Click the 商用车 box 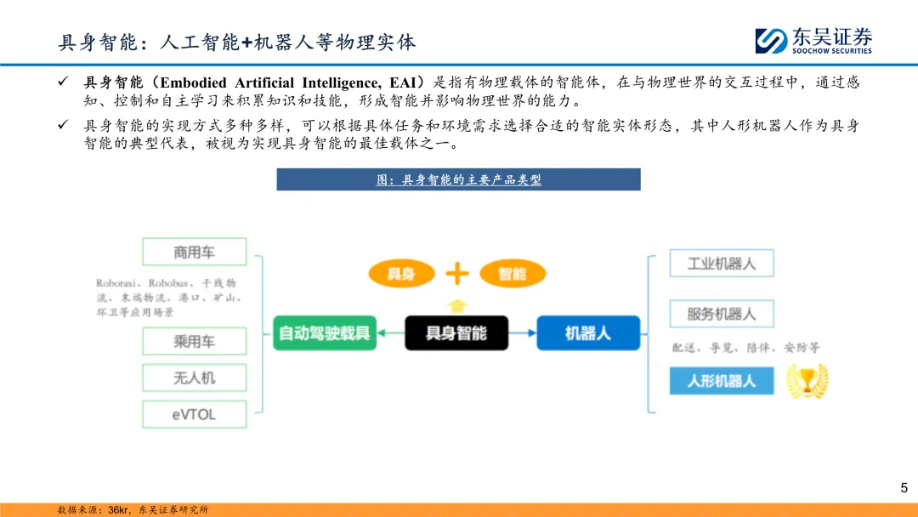click(195, 252)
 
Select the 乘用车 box click(195, 341)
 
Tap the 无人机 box click(195, 378)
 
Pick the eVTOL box click(195, 414)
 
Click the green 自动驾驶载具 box click(326, 332)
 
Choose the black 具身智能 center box click(456, 332)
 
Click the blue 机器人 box click(587, 332)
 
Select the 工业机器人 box click(722, 264)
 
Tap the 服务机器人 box click(722, 314)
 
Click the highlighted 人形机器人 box click(722, 380)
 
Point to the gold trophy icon click(807, 381)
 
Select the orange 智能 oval click(512, 273)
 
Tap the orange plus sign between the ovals click(457, 273)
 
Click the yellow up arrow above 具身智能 click(457, 304)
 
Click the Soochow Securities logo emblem click(771, 41)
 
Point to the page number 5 click(904, 487)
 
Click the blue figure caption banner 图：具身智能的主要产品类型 click(458, 179)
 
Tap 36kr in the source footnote click(118, 509)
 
